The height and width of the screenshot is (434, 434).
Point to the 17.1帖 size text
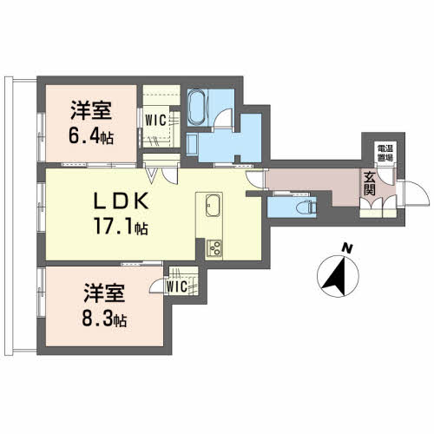tap(119, 228)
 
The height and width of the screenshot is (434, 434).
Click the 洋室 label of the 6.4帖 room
tap(89, 111)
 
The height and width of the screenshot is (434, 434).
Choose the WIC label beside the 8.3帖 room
tap(177, 285)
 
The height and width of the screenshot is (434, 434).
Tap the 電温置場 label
tap(383, 155)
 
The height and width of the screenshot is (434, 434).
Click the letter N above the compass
tap(346, 249)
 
